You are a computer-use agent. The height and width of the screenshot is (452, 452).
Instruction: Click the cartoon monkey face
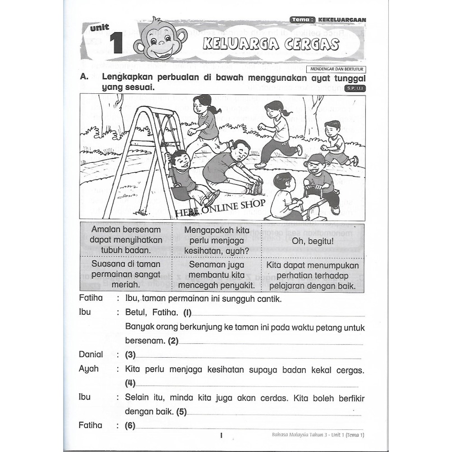(x=161, y=40)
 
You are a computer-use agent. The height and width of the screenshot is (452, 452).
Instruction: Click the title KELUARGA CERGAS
(x=271, y=44)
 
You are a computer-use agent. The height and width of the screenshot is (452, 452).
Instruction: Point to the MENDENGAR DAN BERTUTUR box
(x=336, y=69)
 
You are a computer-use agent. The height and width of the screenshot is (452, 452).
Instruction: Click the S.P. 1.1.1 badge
(x=354, y=88)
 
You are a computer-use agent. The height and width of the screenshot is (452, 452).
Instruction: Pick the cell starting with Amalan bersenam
(x=126, y=240)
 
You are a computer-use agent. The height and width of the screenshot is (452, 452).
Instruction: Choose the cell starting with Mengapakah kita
(x=217, y=240)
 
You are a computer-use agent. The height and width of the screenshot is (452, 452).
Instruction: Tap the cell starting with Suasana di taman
(x=126, y=274)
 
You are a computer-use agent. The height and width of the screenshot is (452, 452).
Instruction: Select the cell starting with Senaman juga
(x=217, y=274)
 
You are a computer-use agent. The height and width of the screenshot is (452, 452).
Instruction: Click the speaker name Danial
(x=91, y=355)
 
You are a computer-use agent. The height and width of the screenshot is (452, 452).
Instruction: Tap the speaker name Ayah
(x=88, y=369)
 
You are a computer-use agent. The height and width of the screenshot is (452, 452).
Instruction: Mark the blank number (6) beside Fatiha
(x=130, y=425)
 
